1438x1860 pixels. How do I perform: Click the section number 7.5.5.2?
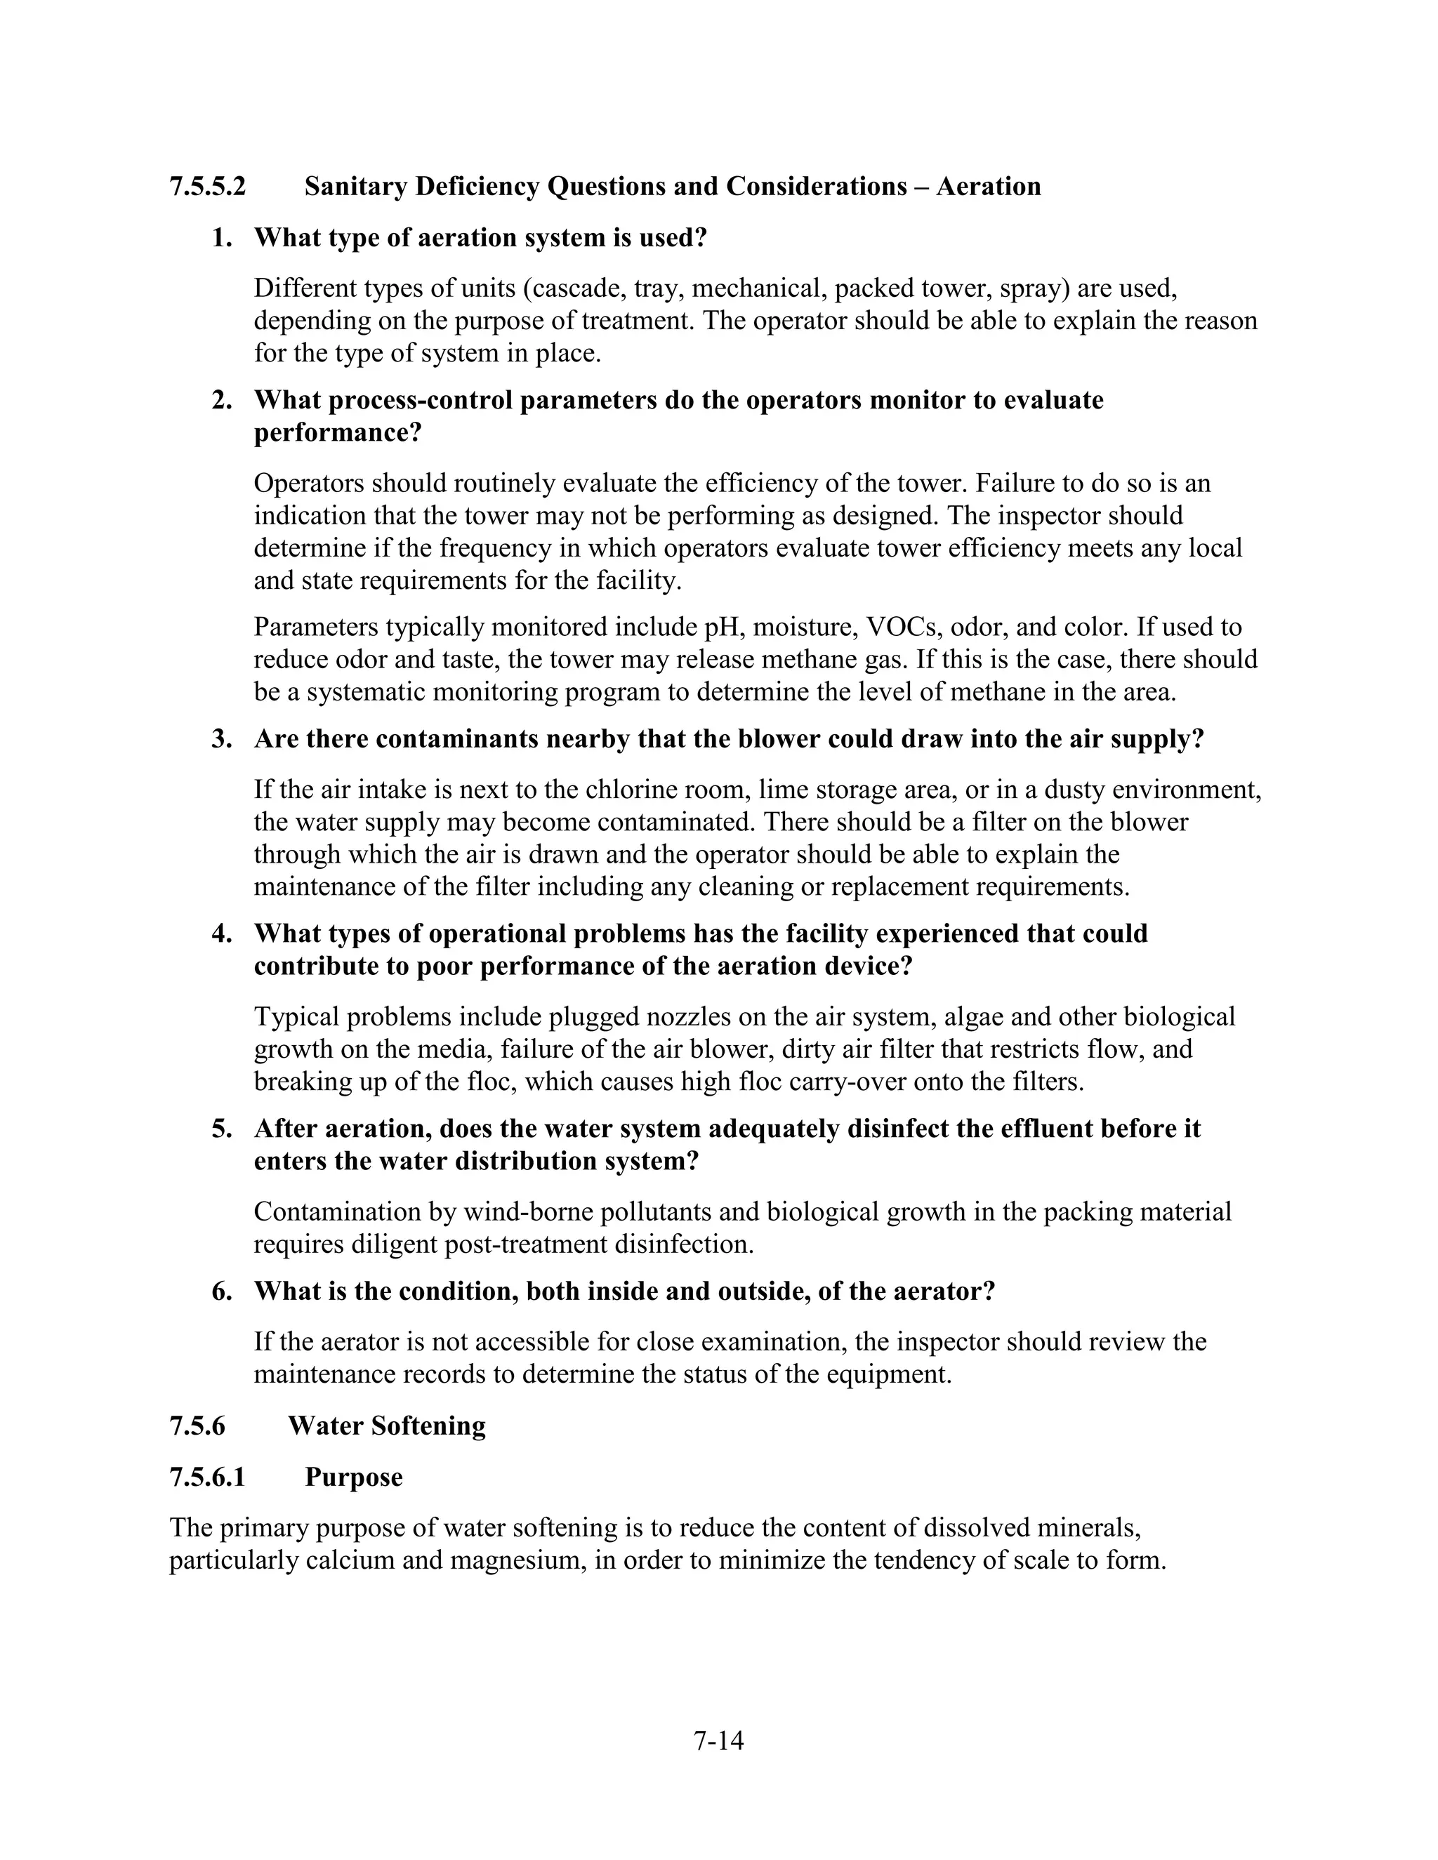tap(207, 187)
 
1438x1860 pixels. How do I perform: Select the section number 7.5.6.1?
tap(207, 1477)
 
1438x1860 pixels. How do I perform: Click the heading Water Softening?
tap(387, 1426)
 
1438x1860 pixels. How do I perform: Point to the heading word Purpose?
tap(354, 1477)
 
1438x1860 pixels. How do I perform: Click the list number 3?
tap(221, 739)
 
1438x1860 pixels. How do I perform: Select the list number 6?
tap(221, 1291)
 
